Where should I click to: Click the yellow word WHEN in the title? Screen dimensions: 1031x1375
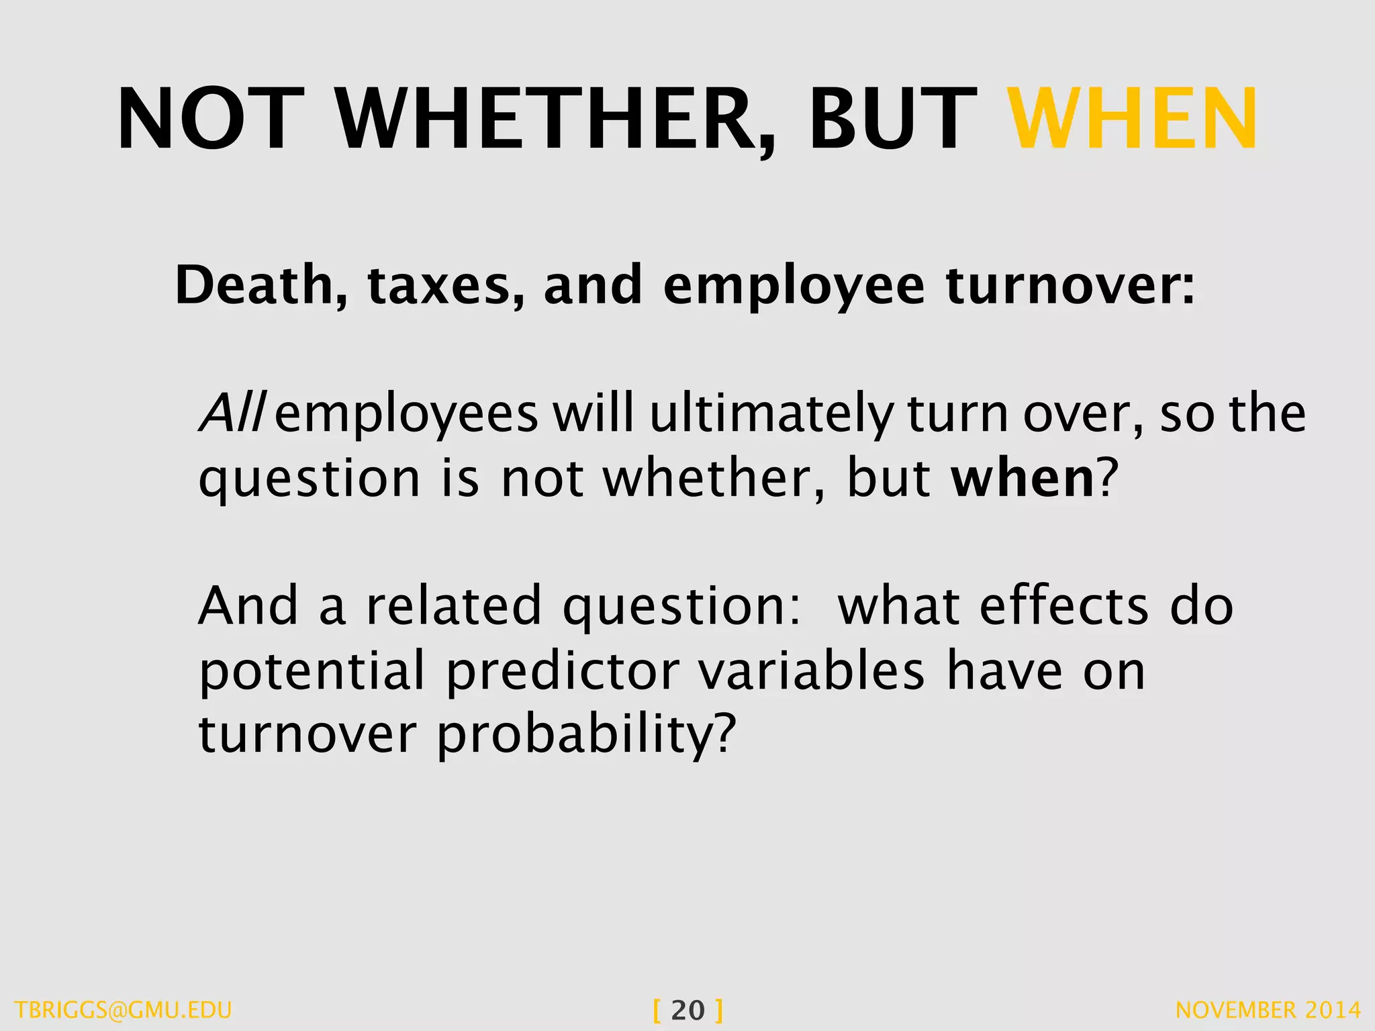pos(1133,119)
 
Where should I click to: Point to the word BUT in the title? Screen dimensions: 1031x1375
pos(893,119)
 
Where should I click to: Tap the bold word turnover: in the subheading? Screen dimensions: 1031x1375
pos(1071,285)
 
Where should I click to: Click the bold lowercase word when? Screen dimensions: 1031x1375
pos(1023,478)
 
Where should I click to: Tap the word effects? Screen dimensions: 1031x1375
pos(1064,606)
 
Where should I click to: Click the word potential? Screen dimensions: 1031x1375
pos(312,671)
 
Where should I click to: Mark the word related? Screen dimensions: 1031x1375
pos(453,605)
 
